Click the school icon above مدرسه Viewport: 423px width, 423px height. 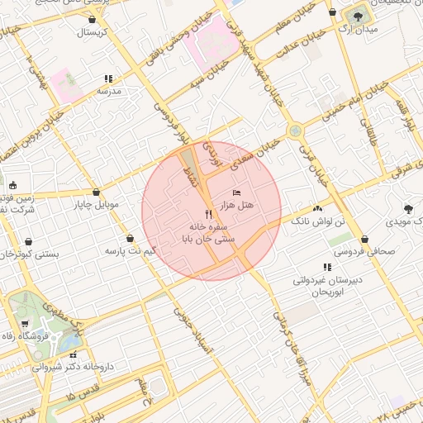(x=108, y=79)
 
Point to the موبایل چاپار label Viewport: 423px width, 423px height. (x=97, y=203)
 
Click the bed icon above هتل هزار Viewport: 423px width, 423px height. (x=238, y=192)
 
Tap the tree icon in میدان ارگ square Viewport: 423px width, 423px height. (x=359, y=15)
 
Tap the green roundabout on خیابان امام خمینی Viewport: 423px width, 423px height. (x=295, y=131)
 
